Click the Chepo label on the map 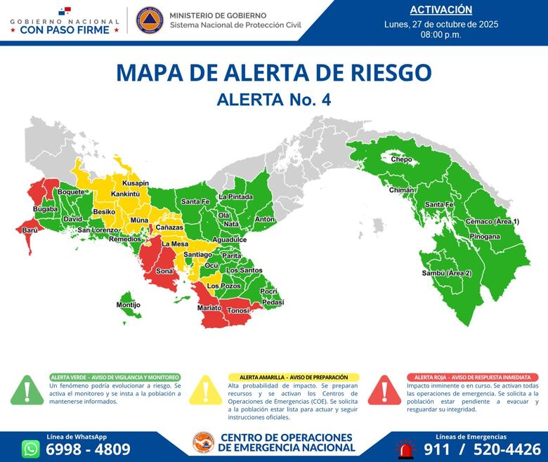pos(402,160)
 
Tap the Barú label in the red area pos(30,230)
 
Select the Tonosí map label pos(239,310)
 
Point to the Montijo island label pos(128,305)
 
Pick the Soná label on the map pos(164,270)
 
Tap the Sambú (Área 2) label pos(446,272)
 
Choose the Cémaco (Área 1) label pos(492,222)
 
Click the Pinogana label pos(485,237)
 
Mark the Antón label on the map pos(264,219)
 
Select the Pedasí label pos(272,302)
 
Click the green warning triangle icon pos(27,390)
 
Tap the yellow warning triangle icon pos(206,390)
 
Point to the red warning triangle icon pos(384,390)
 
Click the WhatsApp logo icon pos(31,449)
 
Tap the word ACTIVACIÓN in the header pos(441,10)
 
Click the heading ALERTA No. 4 pos(274,100)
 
